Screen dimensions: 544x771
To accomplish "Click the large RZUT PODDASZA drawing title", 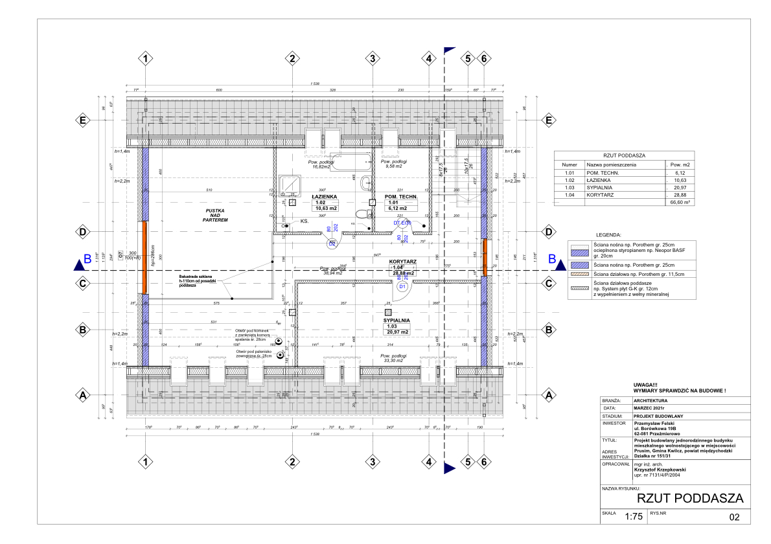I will pos(689,498).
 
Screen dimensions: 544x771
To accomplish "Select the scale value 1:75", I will pos(633,517).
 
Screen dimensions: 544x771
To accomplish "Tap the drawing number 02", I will pos(734,517).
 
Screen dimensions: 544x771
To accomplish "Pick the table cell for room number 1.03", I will pos(570,187).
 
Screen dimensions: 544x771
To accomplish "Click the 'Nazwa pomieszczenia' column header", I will pos(612,165).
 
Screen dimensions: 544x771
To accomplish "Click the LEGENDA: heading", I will pos(608,234).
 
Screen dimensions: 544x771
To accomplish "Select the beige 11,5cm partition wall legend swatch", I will pos(579,275).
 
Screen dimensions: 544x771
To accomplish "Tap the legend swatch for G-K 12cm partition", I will pos(579,288).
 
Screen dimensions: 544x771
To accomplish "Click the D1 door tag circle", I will pos(402,286).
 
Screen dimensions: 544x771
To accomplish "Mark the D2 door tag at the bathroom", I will pos(332,244).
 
